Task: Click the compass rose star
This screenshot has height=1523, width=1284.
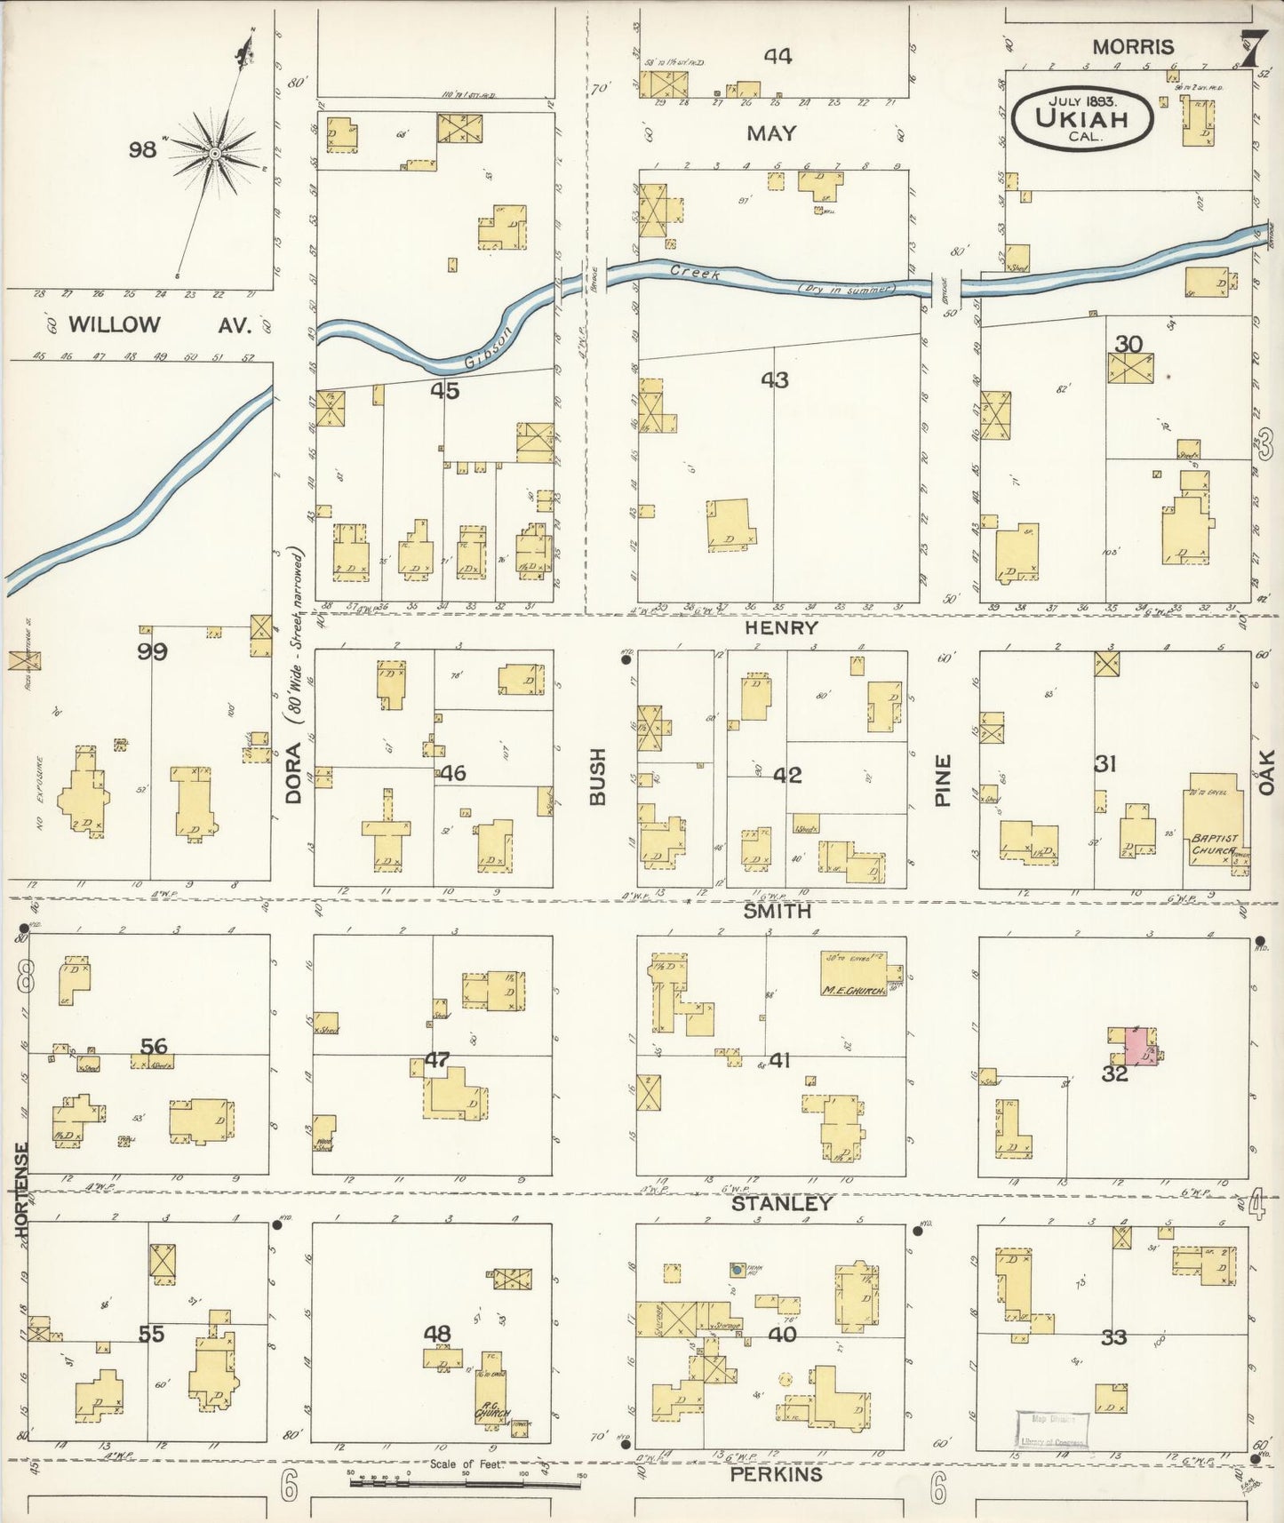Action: point(214,154)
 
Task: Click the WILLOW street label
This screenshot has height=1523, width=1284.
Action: point(114,324)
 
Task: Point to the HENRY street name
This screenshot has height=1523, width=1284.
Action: point(781,627)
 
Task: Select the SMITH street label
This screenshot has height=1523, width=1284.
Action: point(778,911)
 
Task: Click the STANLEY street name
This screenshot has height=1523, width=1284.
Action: point(781,1203)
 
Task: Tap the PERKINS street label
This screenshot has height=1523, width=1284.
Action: point(776,1474)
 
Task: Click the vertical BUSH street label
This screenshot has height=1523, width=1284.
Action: point(597,777)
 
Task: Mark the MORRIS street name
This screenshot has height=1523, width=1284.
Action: point(1133,47)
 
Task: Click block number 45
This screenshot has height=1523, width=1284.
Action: point(444,390)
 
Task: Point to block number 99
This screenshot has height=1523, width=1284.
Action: point(152,651)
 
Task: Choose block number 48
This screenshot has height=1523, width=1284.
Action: point(436,1333)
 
